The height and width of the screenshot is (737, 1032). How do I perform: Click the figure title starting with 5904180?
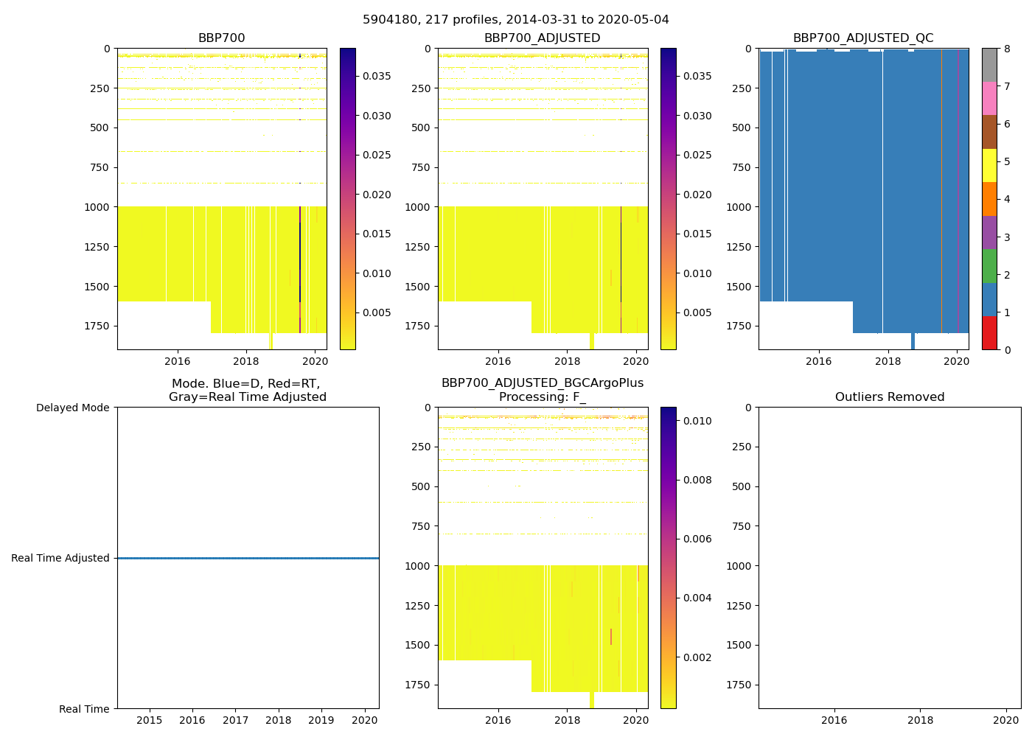pyautogui.click(x=515, y=20)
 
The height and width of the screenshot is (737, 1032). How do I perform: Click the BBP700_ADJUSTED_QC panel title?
pyautogui.click(x=863, y=38)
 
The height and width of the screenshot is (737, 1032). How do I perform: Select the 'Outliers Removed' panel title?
pyautogui.click(x=890, y=397)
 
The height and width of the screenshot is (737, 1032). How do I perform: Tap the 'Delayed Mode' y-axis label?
pyautogui.click(x=72, y=408)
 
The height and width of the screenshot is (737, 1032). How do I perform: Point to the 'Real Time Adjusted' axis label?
pyautogui.click(x=60, y=558)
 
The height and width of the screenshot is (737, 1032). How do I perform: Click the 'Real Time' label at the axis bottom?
pyautogui.click(x=84, y=709)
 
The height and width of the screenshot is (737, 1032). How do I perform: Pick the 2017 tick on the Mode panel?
pyautogui.click(x=235, y=720)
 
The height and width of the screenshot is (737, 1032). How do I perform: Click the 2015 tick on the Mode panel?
pyautogui.click(x=150, y=720)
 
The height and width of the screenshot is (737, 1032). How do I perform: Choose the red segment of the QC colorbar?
pyautogui.click(x=989, y=333)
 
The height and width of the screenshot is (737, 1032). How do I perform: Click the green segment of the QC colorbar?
pyautogui.click(x=989, y=266)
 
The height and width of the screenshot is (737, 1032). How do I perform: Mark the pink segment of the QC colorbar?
pyautogui.click(x=989, y=99)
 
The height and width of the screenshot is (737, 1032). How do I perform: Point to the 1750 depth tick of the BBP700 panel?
pyautogui.click(x=97, y=326)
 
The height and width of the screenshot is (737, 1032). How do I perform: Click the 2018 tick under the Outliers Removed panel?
pyautogui.click(x=920, y=720)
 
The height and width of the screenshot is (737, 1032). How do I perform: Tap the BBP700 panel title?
pyautogui.click(x=221, y=38)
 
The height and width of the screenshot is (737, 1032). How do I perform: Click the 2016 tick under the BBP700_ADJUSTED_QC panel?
pyautogui.click(x=819, y=361)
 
